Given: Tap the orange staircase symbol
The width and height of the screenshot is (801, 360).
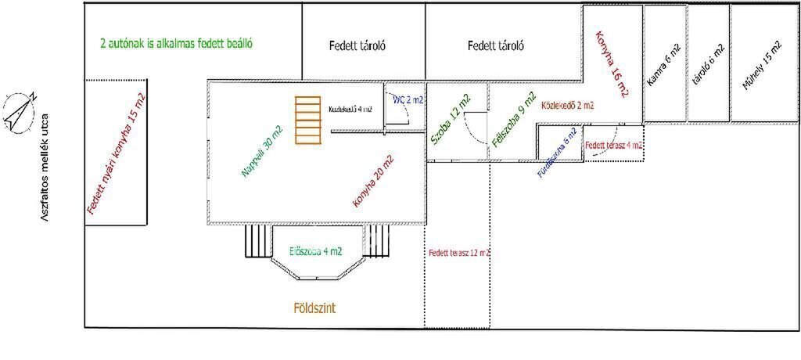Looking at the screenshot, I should click(308, 120).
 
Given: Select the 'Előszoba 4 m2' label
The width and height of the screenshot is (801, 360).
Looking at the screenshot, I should click(315, 251).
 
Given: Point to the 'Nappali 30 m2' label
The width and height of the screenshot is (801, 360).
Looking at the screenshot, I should click(263, 151).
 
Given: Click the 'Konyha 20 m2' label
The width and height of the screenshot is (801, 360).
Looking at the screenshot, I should click(373, 181).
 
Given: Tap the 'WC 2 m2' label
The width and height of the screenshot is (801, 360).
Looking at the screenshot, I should click(408, 100).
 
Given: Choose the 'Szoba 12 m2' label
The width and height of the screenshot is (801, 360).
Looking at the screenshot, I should click(451, 120).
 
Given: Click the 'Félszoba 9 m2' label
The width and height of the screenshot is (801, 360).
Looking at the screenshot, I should click(513, 121).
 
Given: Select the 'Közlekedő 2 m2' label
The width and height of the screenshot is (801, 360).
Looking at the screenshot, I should click(567, 104).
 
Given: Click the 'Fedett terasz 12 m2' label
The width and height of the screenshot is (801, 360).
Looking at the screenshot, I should click(459, 253).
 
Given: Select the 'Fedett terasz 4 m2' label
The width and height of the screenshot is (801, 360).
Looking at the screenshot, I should click(615, 146).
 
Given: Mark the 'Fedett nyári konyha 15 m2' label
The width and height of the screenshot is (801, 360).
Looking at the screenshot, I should click(116, 153).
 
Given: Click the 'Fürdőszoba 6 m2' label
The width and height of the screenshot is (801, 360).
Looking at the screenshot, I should click(558, 152).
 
